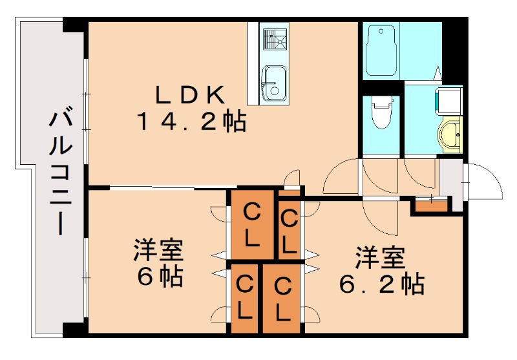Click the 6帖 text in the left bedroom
pyautogui.click(x=159, y=277)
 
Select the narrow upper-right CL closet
pyautogui.click(x=289, y=230)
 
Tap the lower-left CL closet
pyautogui.click(x=244, y=297)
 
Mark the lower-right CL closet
pyautogui.click(x=282, y=298)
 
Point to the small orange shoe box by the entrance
pyautogui.click(x=430, y=206)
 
